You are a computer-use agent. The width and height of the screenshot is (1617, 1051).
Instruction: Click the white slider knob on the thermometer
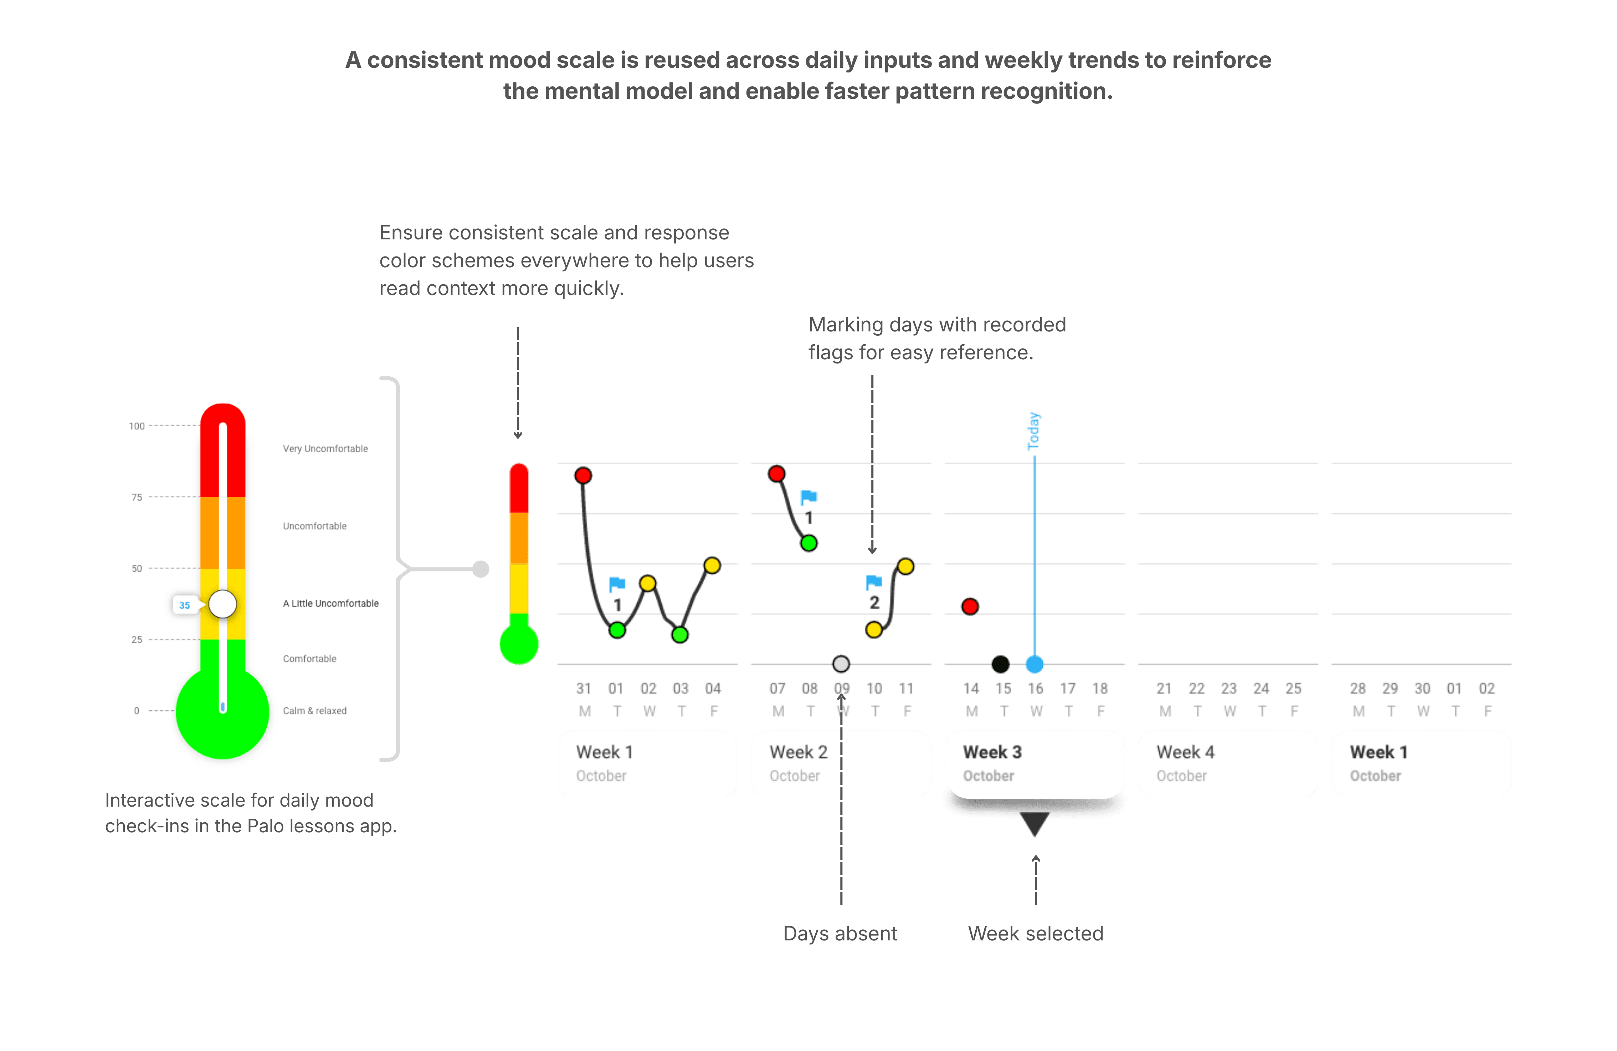[222, 604]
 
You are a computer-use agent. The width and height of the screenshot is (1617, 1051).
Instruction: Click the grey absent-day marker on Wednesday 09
[841, 664]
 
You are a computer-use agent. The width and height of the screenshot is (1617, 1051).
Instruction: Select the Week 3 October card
[1034, 763]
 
